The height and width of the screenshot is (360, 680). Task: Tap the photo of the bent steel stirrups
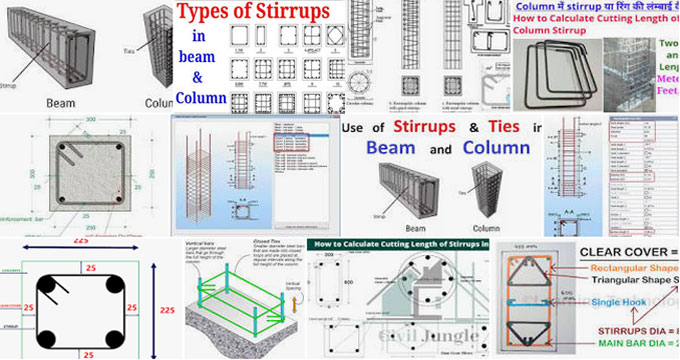tap(546, 75)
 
